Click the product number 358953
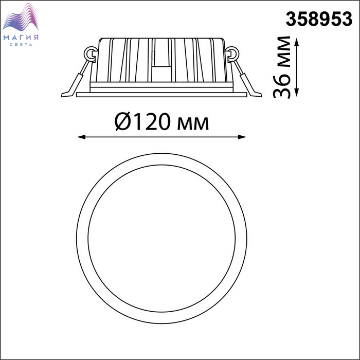point(319,19)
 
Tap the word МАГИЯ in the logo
point(21,38)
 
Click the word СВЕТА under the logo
point(21,45)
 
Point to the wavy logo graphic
point(21,17)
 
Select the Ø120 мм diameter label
point(161,122)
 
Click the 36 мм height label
point(281,67)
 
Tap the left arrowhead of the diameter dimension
point(81,137)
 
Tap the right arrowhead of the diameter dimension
point(242,137)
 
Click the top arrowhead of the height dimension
point(297,43)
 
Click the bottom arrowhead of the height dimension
point(297,92)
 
